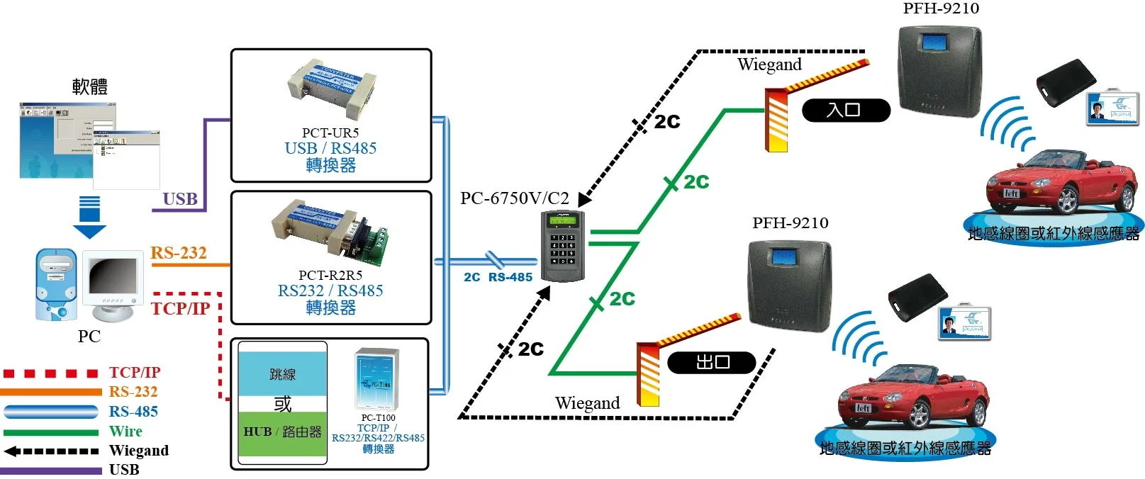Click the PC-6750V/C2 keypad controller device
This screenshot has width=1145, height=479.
tap(563, 246)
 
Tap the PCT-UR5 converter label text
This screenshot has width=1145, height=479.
tap(330, 133)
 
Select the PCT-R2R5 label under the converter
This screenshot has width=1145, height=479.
tap(330, 275)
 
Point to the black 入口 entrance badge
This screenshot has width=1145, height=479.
tap(845, 110)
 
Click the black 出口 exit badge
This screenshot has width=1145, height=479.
tap(712, 362)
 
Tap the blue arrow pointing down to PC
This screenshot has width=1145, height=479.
tap(89, 217)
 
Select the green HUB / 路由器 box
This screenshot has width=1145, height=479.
tap(282, 432)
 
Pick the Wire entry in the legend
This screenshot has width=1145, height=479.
tap(125, 431)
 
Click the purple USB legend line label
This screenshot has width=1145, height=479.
tap(124, 469)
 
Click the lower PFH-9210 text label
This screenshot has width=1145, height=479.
tap(790, 222)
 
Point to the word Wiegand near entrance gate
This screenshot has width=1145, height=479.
tap(769, 64)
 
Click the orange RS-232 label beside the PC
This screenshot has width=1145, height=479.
tap(179, 253)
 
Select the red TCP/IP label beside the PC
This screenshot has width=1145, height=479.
tap(180, 308)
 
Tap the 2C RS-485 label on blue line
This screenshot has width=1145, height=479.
tap(498, 277)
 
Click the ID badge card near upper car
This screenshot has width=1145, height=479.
tap(1112, 108)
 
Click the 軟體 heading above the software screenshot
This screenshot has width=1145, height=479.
tap(90, 86)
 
